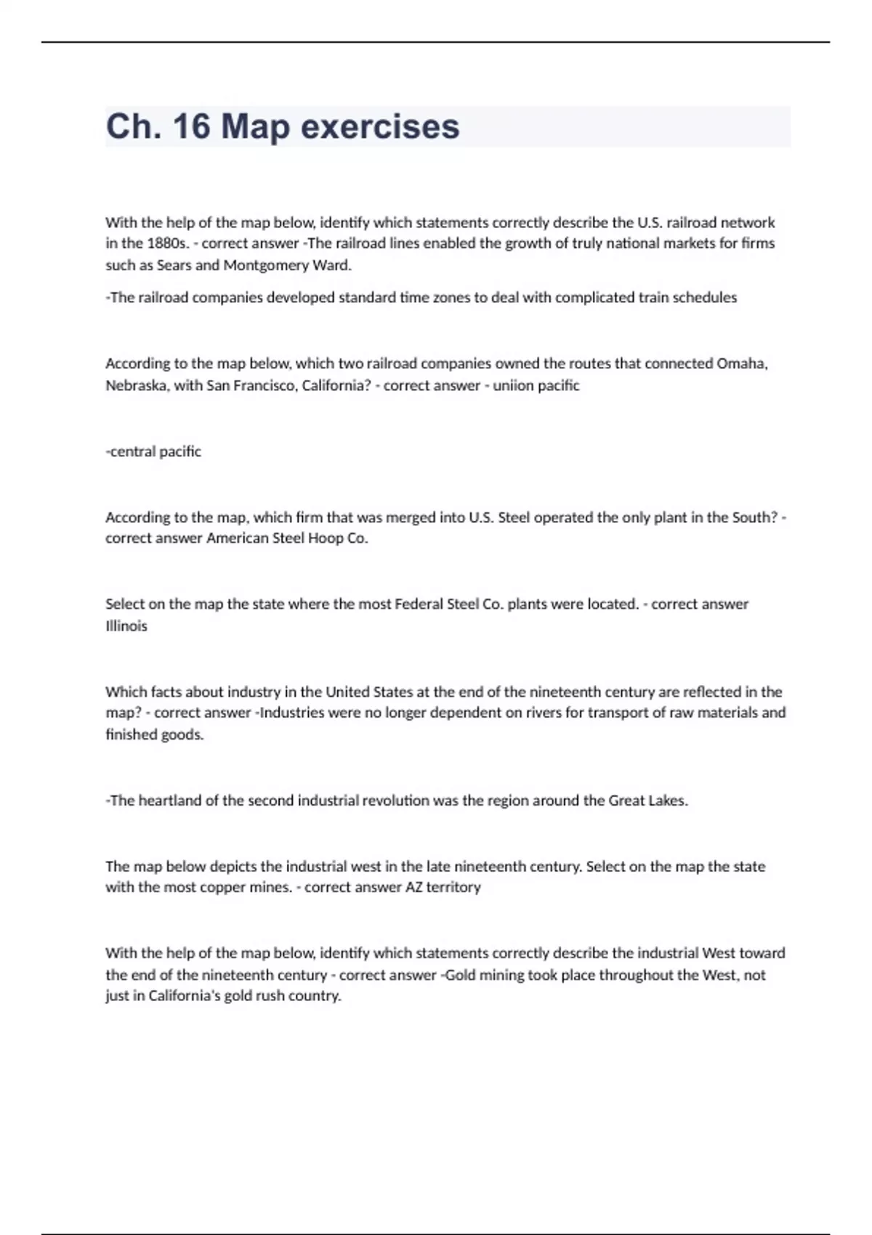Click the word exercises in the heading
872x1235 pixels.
point(380,126)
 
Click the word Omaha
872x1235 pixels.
point(742,363)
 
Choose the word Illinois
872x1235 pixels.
point(126,625)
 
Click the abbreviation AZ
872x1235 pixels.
point(413,887)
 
